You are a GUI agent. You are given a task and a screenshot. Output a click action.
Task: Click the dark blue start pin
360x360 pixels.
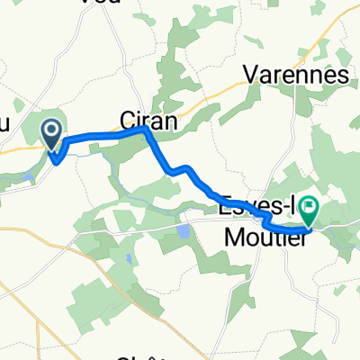click(x=52, y=135)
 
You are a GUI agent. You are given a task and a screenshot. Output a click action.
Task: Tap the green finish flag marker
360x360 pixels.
click(x=309, y=210)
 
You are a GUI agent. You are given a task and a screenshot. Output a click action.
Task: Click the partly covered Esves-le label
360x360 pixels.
click(x=255, y=206)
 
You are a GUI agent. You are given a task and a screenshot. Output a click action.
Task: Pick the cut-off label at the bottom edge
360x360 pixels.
click(x=144, y=355)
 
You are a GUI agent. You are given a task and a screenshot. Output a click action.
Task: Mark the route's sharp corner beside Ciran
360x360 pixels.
click(x=146, y=130)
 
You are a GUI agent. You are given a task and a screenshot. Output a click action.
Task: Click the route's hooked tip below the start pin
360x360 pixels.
click(x=57, y=162)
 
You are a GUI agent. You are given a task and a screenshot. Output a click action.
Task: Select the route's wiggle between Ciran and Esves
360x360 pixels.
click(x=182, y=168)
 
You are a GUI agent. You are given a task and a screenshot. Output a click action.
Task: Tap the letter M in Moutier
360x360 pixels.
click(x=229, y=233)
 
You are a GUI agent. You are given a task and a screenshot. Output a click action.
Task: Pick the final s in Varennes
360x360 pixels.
click(x=342, y=76)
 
